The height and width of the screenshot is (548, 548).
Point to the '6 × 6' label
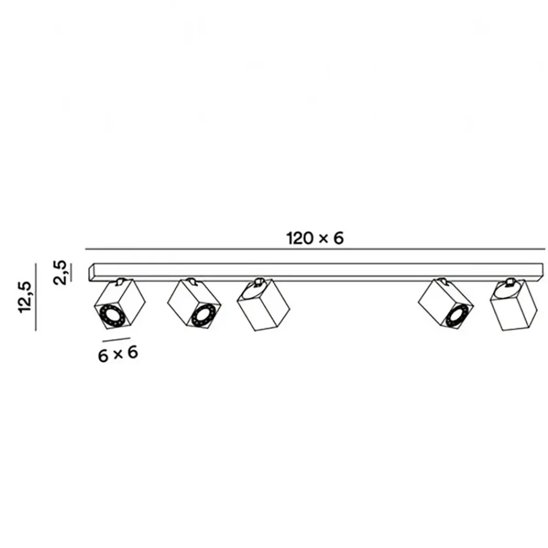tap(118, 354)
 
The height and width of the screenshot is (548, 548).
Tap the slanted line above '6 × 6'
tap(116, 339)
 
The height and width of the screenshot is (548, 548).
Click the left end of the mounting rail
tap(91, 272)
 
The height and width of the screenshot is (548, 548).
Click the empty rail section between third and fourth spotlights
tap(353, 272)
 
